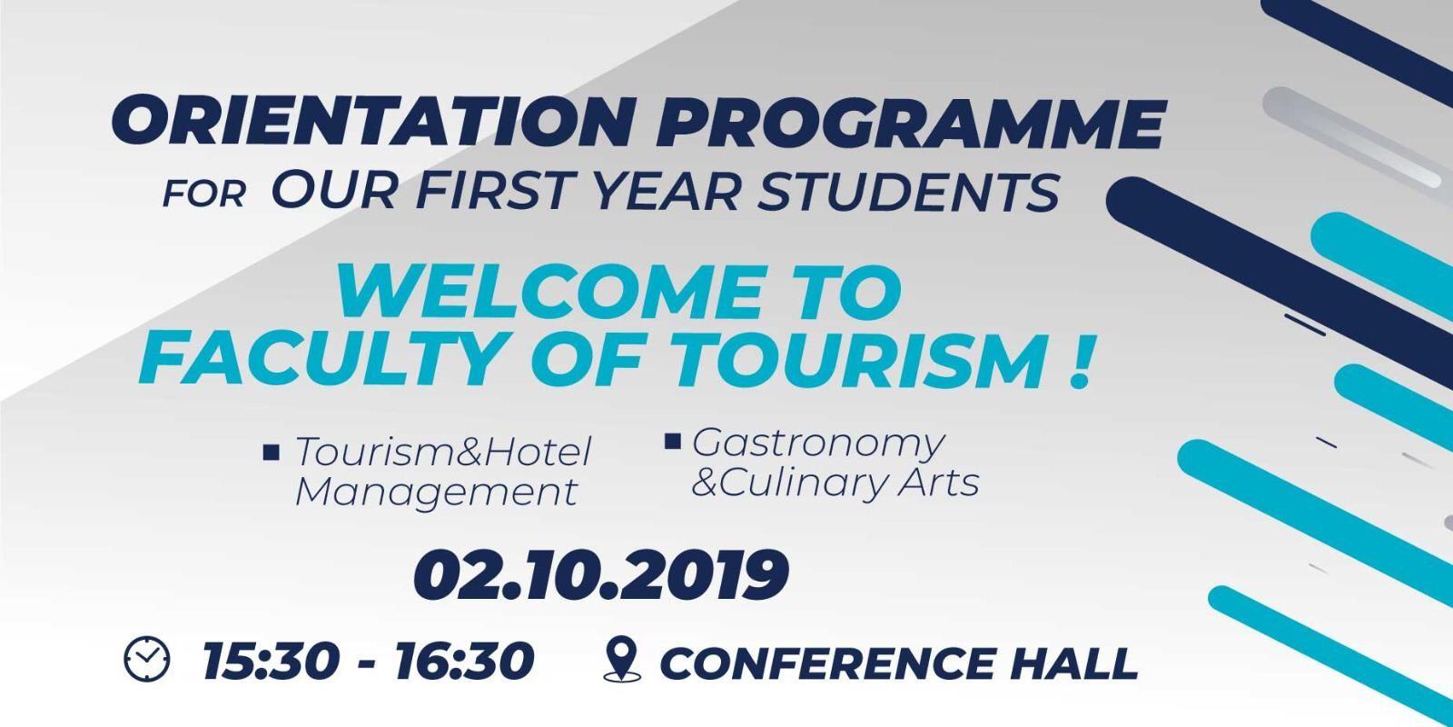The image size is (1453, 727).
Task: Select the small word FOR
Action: pyautogui.click(x=203, y=194)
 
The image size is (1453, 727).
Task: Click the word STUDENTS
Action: pyautogui.click(x=909, y=191)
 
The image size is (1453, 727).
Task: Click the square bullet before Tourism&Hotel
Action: pyautogui.click(x=272, y=452)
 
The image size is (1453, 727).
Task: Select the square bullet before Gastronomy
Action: pyautogui.click(x=673, y=442)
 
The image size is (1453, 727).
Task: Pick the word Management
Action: pyautogui.click(x=436, y=493)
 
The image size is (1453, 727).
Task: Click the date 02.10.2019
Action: pyautogui.click(x=601, y=575)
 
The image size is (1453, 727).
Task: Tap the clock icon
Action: pyautogui.click(x=146, y=659)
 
